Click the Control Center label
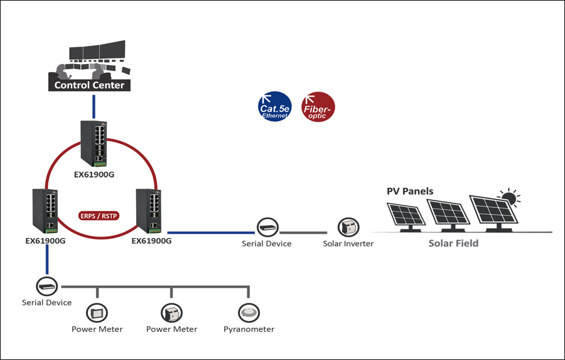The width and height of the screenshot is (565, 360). [89, 85]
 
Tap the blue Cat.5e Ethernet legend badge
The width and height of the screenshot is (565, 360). [274, 107]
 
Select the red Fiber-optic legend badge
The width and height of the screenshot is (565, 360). [318, 107]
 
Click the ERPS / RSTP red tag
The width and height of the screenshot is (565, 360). [100, 215]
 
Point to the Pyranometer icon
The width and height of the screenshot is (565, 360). [249, 312]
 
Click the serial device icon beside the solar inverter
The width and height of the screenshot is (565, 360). [267, 227]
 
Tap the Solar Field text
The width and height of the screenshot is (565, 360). [453, 243]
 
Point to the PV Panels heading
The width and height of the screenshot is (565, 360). [409, 191]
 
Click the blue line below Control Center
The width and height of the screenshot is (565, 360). [93, 106]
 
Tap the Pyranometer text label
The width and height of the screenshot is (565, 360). [249, 329]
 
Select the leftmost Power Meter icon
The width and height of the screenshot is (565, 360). [97, 312]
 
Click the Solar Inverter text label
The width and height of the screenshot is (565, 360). [348, 244]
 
